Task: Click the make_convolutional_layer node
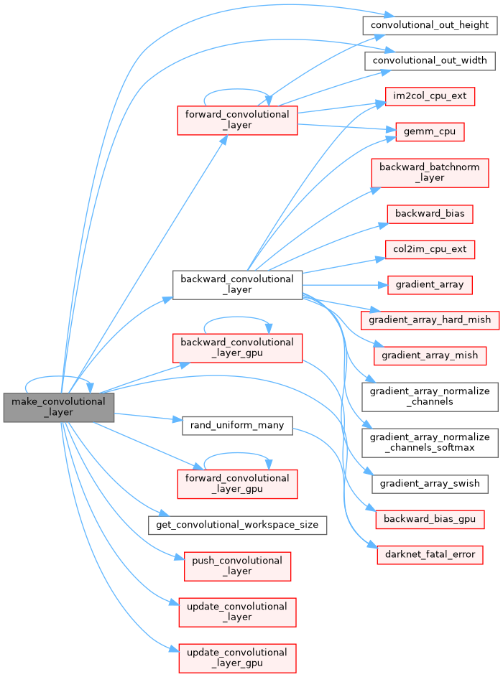[x=59, y=408]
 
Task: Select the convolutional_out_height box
[x=430, y=24]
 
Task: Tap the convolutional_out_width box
[x=430, y=60]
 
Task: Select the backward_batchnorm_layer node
[x=430, y=172]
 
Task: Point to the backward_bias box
[x=430, y=213]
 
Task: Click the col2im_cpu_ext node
[x=430, y=249]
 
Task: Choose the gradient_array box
[x=430, y=284]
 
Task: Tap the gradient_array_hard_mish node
[x=430, y=319]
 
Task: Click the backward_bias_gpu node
[x=430, y=518]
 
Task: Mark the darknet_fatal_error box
[x=430, y=554]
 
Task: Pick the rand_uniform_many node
[x=236, y=425]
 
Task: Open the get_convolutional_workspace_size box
[x=237, y=524]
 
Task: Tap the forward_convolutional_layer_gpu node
[x=237, y=483]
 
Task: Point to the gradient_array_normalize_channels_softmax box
[x=430, y=442]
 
